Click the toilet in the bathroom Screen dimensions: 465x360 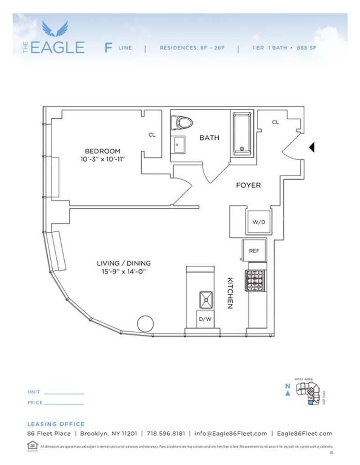point(183,122)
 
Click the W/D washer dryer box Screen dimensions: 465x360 point(258,222)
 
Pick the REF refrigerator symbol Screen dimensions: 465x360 point(254,251)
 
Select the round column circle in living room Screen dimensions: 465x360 point(146,324)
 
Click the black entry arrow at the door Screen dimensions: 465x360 point(311,147)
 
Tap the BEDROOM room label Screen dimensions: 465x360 point(103,151)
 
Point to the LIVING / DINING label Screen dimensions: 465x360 point(124,264)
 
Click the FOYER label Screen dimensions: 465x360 point(248,185)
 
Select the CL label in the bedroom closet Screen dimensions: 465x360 point(152,135)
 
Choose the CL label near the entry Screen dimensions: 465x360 point(275,122)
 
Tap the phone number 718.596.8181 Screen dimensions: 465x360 point(166,434)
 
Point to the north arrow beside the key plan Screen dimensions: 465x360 point(287,393)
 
